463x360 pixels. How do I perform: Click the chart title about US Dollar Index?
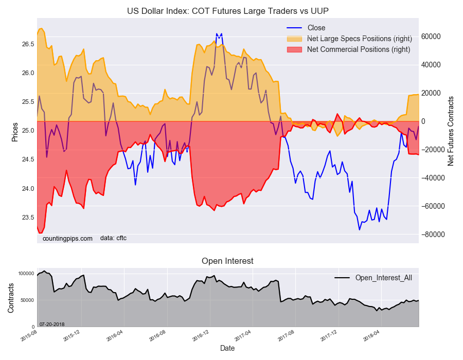[227, 11]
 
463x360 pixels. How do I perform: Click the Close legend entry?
[316, 28]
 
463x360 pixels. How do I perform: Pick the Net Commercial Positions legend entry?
[358, 49]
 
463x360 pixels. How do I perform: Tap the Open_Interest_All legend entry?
[383, 278]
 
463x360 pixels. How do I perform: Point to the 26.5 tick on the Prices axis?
[28, 44]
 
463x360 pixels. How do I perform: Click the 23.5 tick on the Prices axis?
[28, 218]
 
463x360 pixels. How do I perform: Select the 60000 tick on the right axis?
[431, 37]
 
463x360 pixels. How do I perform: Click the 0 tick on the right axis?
[424, 121]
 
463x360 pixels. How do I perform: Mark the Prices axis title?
[14, 132]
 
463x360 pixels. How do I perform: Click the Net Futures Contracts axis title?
[451, 131]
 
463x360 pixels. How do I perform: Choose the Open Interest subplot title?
[227, 261]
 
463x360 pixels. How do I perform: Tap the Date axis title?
[227, 348]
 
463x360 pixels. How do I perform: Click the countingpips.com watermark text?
[67, 238]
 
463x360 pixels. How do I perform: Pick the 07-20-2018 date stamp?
[52, 323]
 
